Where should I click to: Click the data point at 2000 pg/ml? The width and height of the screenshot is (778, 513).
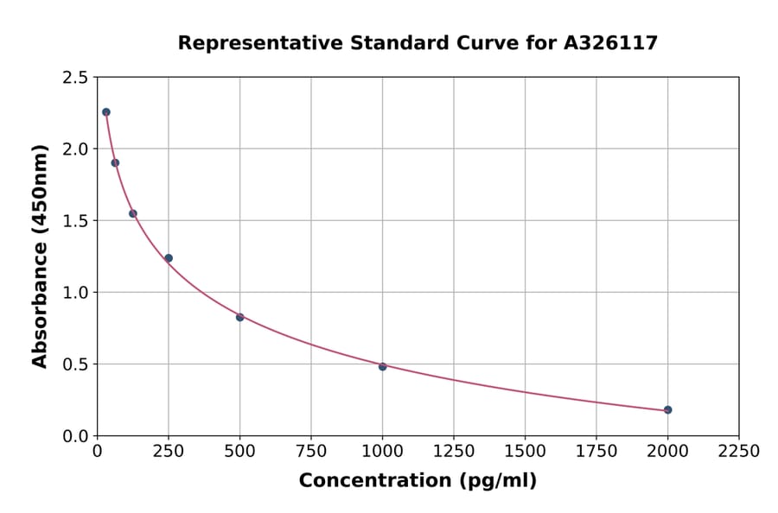click(667, 409)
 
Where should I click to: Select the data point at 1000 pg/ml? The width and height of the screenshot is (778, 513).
click(382, 366)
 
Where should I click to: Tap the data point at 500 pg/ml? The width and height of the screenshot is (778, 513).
click(239, 317)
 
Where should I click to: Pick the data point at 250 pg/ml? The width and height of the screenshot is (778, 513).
click(169, 258)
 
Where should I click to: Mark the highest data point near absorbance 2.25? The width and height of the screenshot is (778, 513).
click(106, 112)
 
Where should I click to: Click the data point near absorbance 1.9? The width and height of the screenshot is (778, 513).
click(115, 162)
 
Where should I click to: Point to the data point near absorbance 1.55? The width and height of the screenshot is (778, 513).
click(133, 213)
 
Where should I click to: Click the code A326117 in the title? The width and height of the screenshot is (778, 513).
click(610, 42)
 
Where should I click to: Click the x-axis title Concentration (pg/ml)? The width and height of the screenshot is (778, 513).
click(418, 481)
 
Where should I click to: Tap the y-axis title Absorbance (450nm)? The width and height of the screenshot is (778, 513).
click(40, 256)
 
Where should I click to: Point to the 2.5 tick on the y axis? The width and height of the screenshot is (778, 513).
click(74, 78)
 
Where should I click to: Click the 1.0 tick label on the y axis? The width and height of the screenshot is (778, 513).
click(74, 293)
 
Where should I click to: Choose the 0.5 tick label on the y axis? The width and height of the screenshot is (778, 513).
click(74, 364)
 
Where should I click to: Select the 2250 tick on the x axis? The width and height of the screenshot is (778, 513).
click(738, 452)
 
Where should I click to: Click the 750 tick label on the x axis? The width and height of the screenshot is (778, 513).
click(311, 452)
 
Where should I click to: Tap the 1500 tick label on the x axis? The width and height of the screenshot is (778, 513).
click(525, 452)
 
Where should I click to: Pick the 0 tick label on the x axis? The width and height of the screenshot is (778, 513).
click(98, 452)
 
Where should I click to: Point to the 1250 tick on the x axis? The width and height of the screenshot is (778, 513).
click(454, 452)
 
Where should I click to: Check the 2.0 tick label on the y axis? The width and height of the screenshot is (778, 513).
click(74, 149)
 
